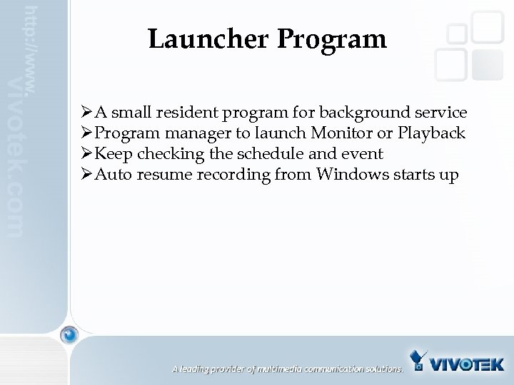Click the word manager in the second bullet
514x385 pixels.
[186, 133]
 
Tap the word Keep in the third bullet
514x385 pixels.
[110, 154]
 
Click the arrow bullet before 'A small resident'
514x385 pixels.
[88, 113]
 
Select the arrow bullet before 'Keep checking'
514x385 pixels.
[88, 154]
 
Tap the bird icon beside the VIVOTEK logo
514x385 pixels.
[421, 361]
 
